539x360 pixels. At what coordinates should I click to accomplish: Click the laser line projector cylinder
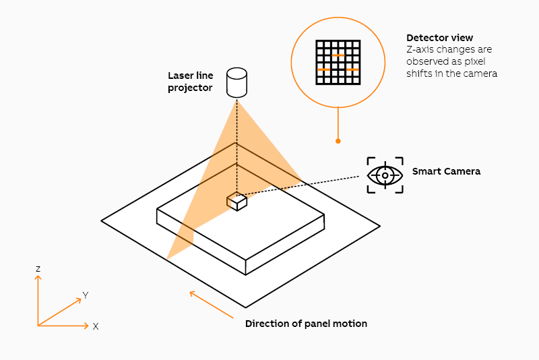(x=236, y=82)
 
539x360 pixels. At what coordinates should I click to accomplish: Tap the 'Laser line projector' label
(x=190, y=82)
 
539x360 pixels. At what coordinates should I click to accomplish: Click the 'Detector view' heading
(x=439, y=38)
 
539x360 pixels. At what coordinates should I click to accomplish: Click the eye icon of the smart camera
(x=385, y=175)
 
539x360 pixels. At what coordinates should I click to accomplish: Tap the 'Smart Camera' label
(x=446, y=171)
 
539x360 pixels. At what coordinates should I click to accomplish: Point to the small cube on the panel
(x=236, y=201)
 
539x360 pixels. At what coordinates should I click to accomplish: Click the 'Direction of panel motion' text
(x=306, y=324)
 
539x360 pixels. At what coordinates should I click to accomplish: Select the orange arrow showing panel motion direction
(x=211, y=303)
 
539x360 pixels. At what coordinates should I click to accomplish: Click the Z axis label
(x=38, y=269)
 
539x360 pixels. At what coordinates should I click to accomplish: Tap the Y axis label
(x=86, y=295)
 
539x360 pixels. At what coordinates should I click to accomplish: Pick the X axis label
(x=96, y=326)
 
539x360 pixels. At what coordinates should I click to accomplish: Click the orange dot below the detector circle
(x=338, y=141)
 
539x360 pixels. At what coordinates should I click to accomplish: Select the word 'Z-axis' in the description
(x=421, y=50)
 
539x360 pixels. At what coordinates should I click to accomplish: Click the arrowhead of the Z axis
(x=38, y=278)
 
